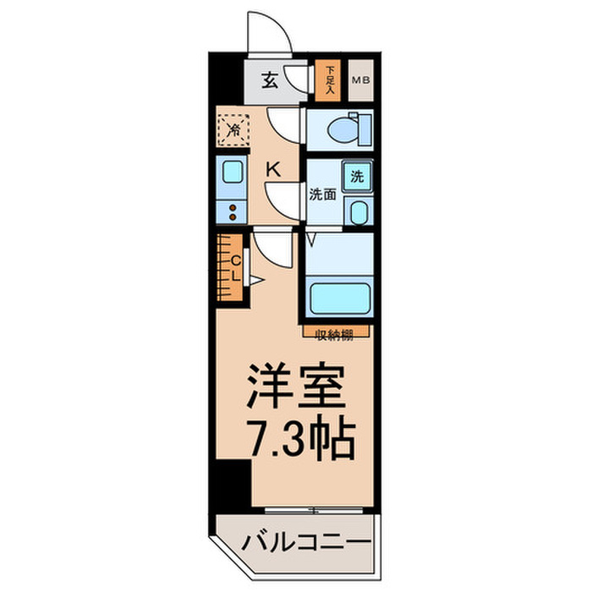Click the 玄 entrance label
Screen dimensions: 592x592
click(270, 81)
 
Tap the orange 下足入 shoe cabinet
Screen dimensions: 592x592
click(326, 79)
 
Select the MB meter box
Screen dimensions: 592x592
click(360, 81)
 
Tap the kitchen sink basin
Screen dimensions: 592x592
click(231, 173)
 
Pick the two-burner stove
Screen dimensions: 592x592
click(231, 210)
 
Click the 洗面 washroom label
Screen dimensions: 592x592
click(322, 194)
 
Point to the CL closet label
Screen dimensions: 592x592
click(236, 268)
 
